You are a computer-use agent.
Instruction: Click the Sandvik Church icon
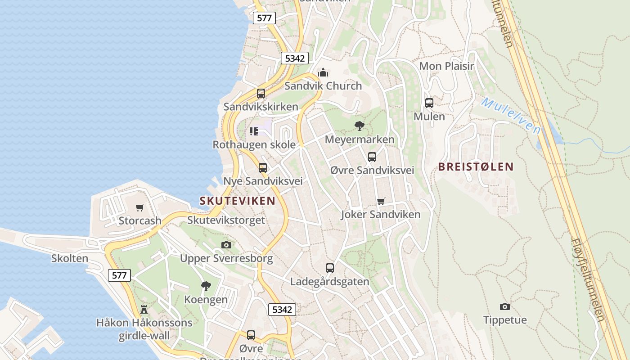(x=323, y=72)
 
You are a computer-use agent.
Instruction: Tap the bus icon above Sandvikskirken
(x=261, y=94)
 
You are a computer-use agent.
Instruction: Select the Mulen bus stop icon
(x=429, y=103)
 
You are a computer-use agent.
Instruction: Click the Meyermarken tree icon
(x=359, y=126)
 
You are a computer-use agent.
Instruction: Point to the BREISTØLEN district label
(x=476, y=167)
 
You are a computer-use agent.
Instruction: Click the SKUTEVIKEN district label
(x=237, y=201)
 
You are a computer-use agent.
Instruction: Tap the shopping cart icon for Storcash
(x=140, y=207)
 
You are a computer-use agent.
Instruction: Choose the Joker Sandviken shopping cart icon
(x=381, y=201)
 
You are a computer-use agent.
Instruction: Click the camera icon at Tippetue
(x=505, y=306)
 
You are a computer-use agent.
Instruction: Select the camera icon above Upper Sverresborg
(x=226, y=245)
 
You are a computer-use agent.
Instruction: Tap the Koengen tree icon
(x=206, y=286)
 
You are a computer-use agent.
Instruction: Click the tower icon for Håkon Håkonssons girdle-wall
(x=144, y=309)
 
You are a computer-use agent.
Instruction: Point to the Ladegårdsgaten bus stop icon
(x=330, y=268)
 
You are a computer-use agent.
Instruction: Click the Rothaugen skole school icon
(x=254, y=131)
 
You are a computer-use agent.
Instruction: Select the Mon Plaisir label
(x=446, y=66)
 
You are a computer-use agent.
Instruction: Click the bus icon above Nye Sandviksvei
(x=263, y=168)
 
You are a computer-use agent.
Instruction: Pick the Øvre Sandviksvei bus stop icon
(x=372, y=157)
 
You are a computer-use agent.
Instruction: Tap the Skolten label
(x=70, y=258)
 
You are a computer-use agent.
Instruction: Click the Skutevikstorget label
(x=226, y=220)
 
